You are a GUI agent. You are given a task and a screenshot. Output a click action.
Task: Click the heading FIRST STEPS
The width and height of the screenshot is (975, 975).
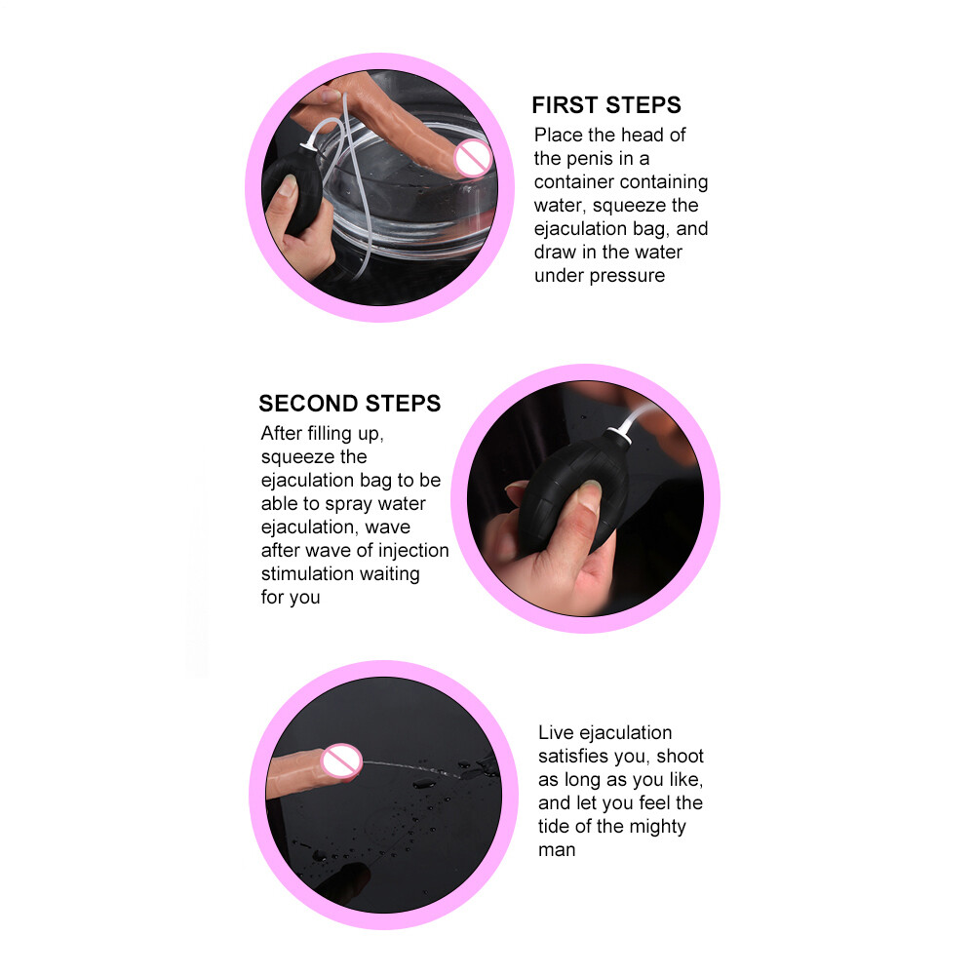pyautogui.click(x=606, y=105)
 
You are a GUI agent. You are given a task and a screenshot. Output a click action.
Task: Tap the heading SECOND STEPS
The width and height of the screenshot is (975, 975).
pyautogui.click(x=349, y=404)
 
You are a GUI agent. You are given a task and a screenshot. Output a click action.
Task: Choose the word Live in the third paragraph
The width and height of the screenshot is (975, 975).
pyautogui.click(x=556, y=732)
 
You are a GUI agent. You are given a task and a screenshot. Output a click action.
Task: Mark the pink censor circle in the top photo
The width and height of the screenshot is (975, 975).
pyautogui.click(x=473, y=157)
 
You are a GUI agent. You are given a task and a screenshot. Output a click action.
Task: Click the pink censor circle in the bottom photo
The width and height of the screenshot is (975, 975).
pyautogui.click(x=341, y=761)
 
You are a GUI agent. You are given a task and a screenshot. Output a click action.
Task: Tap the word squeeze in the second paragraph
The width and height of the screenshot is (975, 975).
pyautogui.click(x=314, y=457)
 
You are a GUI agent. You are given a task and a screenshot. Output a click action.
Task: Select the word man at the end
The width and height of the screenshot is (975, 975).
pyautogui.click(x=557, y=850)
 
